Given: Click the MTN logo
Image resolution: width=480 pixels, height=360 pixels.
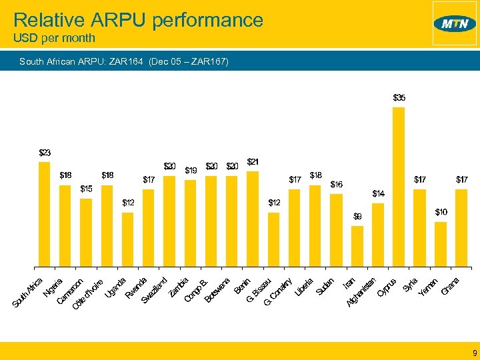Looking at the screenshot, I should (455, 24).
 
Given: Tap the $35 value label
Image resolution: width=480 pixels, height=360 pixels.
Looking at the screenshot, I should (399, 97).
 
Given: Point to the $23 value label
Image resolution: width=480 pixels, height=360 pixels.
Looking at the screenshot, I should (45, 153).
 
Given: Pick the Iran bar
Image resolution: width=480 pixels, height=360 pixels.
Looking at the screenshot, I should (357, 245).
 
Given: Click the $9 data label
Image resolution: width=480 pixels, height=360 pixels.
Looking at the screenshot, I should (357, 217).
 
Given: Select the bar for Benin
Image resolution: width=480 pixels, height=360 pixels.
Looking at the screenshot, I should (253, 217).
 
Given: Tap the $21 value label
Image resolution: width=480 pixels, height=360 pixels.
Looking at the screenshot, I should (253, 161).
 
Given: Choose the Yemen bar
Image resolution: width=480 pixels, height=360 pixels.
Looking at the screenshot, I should (440, 243).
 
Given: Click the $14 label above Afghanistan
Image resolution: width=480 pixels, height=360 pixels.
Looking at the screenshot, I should (378, 194).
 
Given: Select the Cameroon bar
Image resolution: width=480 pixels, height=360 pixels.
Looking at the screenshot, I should (86, 231).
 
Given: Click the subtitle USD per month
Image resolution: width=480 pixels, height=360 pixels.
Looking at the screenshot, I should (54, 39).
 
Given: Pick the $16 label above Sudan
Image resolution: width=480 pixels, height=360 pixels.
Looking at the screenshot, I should (337, 185).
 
